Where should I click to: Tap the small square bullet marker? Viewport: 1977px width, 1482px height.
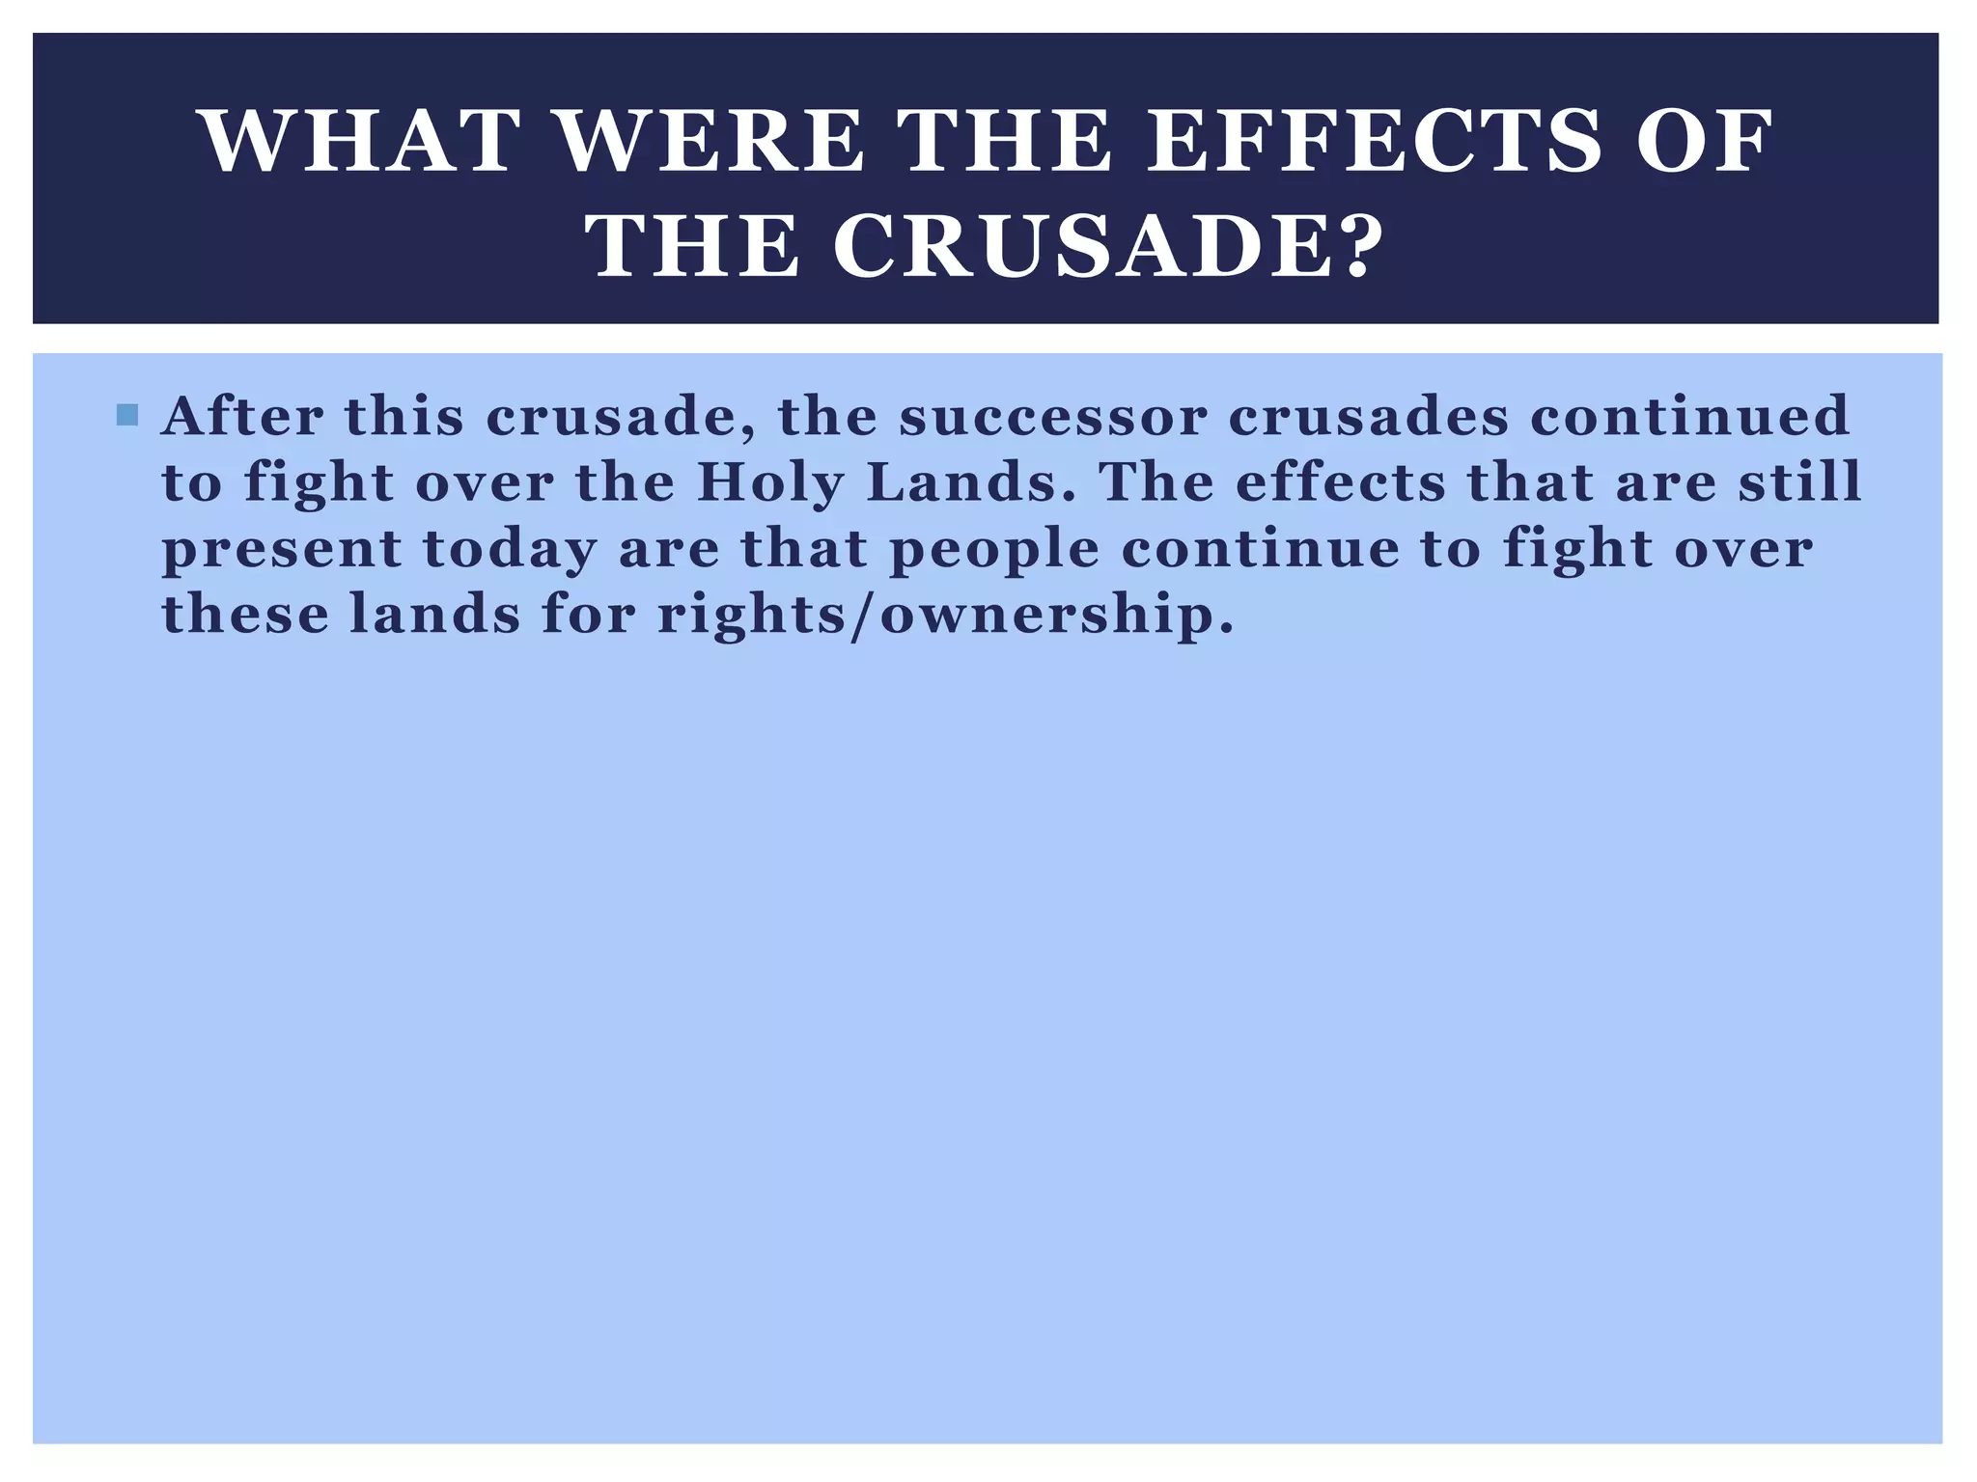click(126, 416)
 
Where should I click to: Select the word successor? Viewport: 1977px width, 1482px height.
click(1053, 416)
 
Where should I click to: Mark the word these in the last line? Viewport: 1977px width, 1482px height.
click(245, 615)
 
